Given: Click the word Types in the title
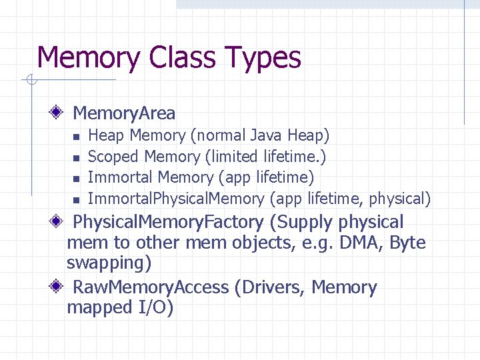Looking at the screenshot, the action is pos(265,58).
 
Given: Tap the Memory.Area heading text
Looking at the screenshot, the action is pos(123,113).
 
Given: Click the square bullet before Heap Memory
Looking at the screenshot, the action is pos(76,137).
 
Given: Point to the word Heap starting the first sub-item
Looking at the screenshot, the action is pos(106,136).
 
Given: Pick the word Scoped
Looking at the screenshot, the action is pos(113,157).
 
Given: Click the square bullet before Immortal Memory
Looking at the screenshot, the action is pos(76,179).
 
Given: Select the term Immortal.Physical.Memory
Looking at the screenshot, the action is pos(176,199).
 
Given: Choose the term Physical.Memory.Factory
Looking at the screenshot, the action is pos(169,222).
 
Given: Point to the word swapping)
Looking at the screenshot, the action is pos(109,263).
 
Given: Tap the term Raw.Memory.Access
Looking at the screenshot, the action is pos(151,287).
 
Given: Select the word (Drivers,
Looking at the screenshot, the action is pos(269,287).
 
